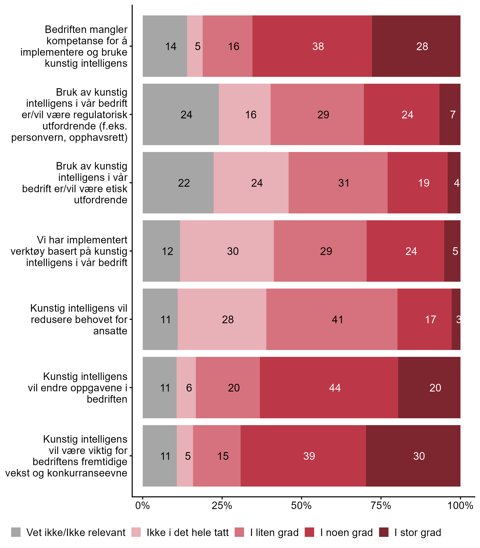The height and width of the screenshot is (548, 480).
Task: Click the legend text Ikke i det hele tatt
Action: pos(187,533)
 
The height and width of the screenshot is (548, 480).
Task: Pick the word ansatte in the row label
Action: pos(110,331)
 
